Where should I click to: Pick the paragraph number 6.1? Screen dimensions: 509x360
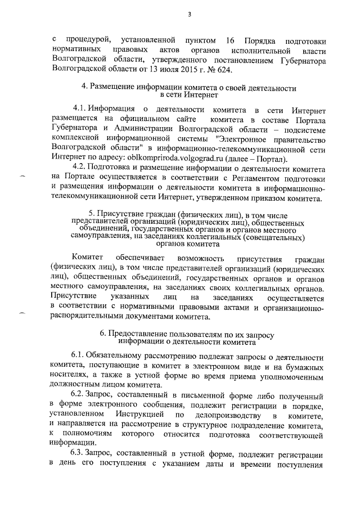click(80, 357)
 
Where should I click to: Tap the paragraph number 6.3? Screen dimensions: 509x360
click(80, 453)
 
